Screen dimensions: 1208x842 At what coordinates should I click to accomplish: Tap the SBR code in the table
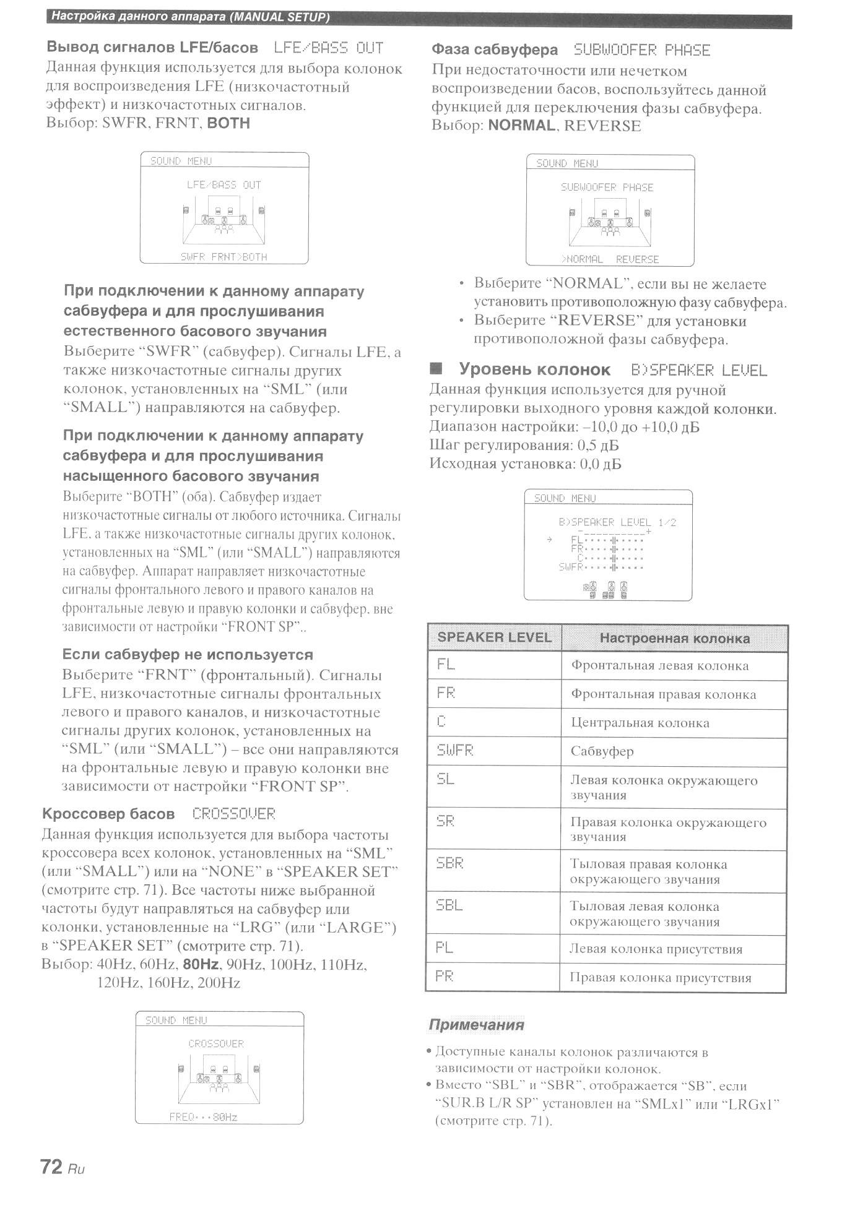(x=450, y=863)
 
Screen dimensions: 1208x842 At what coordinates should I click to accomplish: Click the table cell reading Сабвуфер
(x=602, y=752)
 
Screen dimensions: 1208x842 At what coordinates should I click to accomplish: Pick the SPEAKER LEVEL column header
(x=494, y=637)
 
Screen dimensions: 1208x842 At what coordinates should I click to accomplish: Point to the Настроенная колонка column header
(x=674, y=638)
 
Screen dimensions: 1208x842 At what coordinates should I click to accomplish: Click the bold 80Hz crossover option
(x=201, y=964)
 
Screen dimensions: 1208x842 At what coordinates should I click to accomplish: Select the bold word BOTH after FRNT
(x=228, y=123)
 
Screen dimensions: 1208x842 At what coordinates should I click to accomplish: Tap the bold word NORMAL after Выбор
(x=521, y=126)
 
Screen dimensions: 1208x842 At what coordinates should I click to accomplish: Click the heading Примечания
(x=476, y=1025)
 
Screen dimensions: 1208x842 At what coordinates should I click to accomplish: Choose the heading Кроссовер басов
(x=108, y=814)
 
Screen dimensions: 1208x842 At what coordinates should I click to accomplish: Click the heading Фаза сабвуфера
(x=494, y=50)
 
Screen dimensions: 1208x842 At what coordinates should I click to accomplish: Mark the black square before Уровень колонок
(x=436, y=369)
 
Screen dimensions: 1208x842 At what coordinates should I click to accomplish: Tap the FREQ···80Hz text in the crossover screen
(x=203, y=1117)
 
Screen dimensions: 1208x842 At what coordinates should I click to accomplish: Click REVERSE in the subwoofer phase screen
(x=637, y=259)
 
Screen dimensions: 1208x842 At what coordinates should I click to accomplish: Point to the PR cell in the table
(x=445, y=976)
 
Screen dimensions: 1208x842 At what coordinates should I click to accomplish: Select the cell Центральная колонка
(x=640, y=723)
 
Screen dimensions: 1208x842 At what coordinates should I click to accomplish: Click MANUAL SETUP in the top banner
(x=279, y=17)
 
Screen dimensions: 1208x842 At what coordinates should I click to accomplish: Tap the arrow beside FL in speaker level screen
(x=549, y=540)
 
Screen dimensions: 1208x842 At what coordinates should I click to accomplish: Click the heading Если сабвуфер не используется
(x=188, y=655)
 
